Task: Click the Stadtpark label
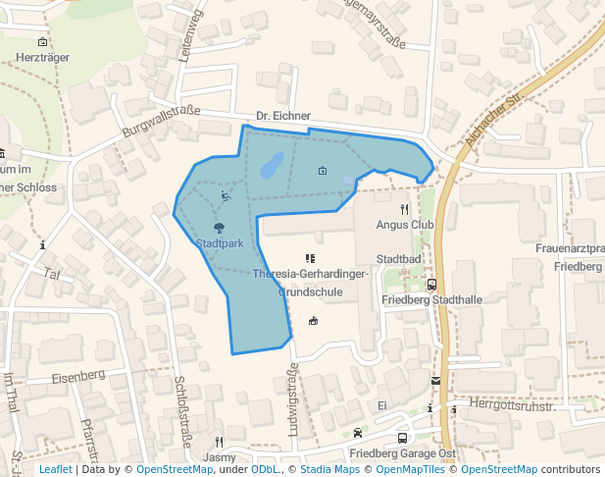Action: (x=220, y=243)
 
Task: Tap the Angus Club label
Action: (x=404, y=224)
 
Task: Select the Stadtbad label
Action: (x=399, y=259)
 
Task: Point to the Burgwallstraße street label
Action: (x=161, y=121)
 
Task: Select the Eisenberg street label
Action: (x=78, y=376)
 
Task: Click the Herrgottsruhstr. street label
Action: (x=512, y=404)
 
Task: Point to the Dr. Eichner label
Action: (x=283, y=116)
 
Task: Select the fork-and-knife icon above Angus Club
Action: (x=404, y=209)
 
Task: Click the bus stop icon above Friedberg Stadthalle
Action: (x=431, y=285)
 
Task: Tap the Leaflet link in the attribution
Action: (x=55, y=469)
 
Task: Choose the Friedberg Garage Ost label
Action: (x=402, y=454)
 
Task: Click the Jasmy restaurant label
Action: (x=220, y=457)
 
